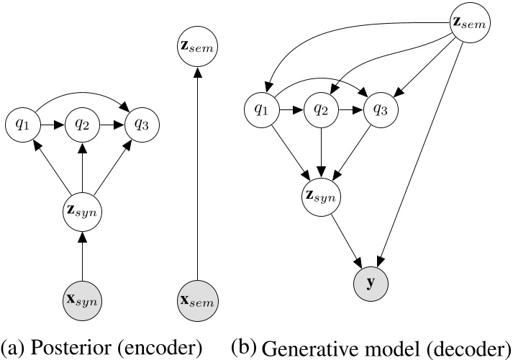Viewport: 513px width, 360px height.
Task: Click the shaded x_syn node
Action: click(x=83, y=298)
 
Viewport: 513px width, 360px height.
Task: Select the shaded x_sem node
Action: click(x=196, y=298)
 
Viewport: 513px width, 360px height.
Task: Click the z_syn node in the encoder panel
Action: click(x=83, y=212)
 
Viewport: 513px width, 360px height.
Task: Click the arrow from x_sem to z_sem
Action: click(x=196, y=173)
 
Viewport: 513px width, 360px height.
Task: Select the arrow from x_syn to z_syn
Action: click(x=83, y=256)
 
